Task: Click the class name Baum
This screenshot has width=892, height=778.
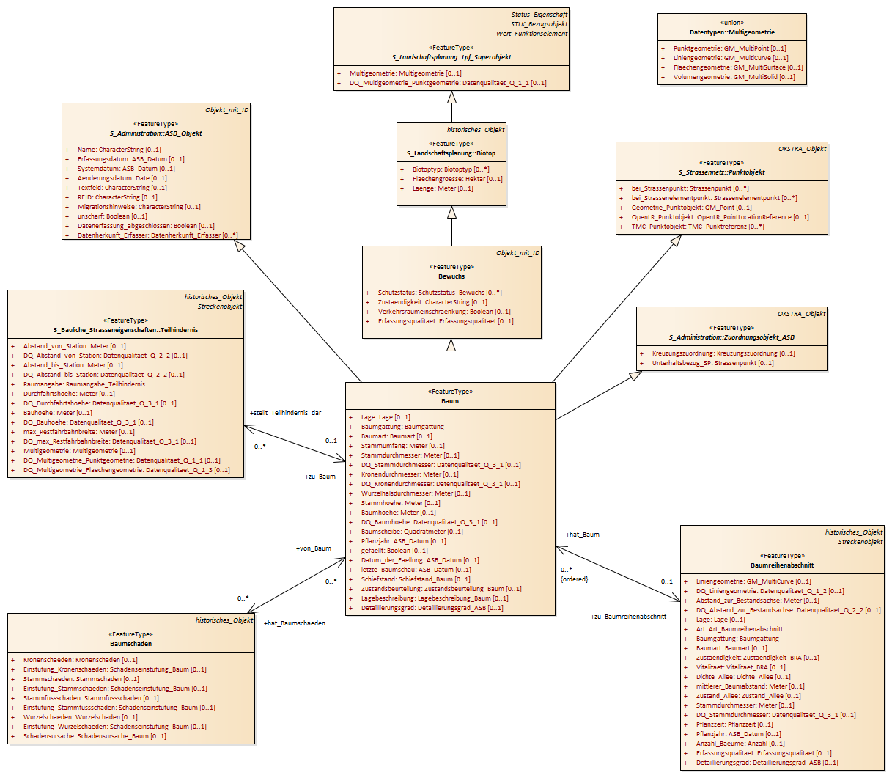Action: coord(450,401)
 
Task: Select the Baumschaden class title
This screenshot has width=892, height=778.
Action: coord(130,644)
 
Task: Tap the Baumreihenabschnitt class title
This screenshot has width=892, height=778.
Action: coord(782,565)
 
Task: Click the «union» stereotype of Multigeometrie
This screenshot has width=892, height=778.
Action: coord(732,23)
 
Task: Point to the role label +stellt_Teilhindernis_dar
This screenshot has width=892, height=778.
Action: coord(286,413)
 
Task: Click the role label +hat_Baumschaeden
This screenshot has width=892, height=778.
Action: coord(295,623)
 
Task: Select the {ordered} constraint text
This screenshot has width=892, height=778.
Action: coord(574,579)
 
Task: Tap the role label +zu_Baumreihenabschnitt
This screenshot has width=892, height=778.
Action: coord(628,617)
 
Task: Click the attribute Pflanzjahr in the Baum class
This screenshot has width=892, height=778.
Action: coord(404,541)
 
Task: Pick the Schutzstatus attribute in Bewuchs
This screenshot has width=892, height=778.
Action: coord(440,293)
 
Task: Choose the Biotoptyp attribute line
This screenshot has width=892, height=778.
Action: coord(451,169)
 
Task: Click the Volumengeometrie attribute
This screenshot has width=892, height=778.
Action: coord(734,77)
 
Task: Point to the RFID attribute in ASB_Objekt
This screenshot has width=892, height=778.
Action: coord(117,197)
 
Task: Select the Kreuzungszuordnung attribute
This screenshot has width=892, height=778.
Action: coord(723,353)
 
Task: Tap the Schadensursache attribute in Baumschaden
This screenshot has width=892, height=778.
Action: coord(95,736)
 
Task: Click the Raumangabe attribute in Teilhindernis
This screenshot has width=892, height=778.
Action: coord(84,384)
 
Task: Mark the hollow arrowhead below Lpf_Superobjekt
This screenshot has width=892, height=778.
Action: coord(451,98)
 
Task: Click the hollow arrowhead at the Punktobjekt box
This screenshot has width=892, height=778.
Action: coord(675,241)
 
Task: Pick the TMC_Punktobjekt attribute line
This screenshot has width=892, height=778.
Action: coord(698,227)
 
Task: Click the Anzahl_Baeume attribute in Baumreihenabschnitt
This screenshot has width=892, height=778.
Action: coord(740,744)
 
